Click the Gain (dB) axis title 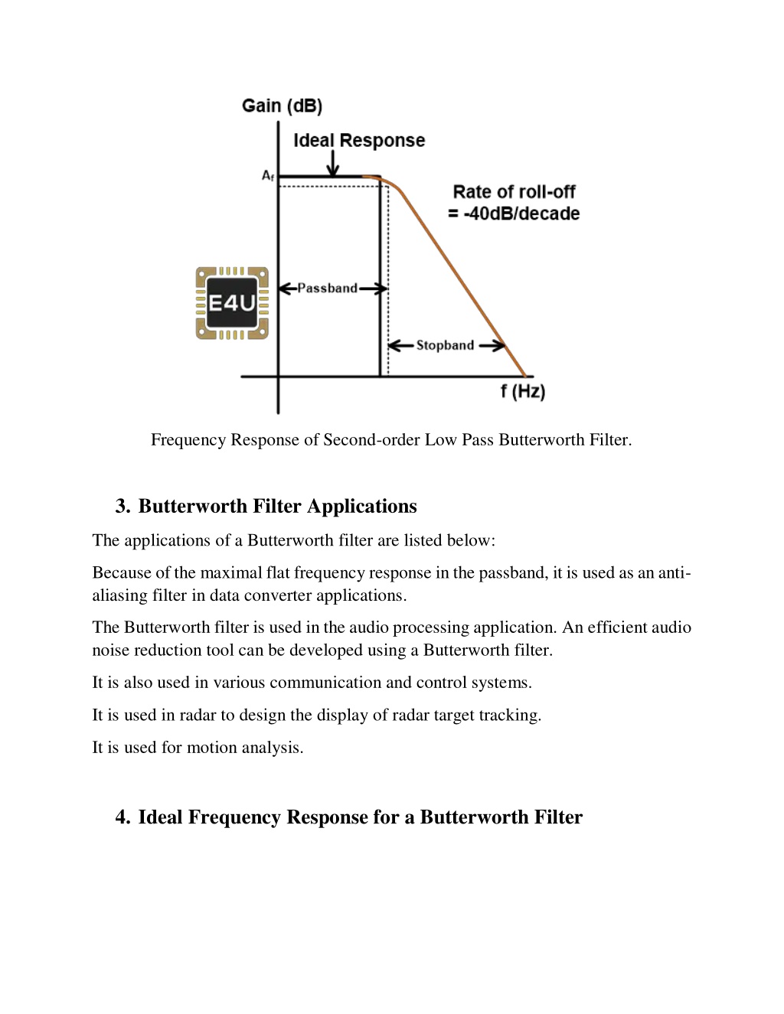tap(282, 106)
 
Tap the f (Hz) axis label tap(523, 391)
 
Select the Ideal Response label tap(359, 141)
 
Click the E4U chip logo tap(232, 303)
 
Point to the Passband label tap(328, 289)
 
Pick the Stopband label tap(445, 346)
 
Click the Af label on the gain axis tap(268, 175)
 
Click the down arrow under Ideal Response tap(333, 163)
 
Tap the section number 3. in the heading tap(122, 507)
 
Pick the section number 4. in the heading tap(122, 817)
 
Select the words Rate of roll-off tap(514, 192)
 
